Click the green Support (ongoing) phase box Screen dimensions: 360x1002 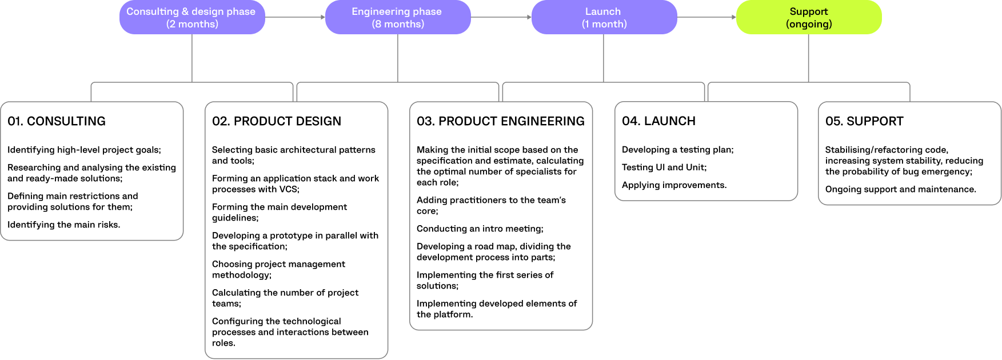pyautogui.click(x=808, y=17)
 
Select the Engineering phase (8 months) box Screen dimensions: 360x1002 pyautogui.click(x=397, y=17)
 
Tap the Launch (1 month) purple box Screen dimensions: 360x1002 pyautogui.click(x=604, y=17)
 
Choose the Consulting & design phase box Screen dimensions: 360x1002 pyautogui.click(x=191, y=17)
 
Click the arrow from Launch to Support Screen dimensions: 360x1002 pyautogui.click(x=706, y=17)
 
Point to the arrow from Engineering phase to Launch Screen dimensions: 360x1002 pyautogui.click(x=501, y=17)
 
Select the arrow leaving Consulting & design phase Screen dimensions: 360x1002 pyautogui.click(x=295, y=17)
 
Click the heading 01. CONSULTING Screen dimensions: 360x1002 pyautogui.click(x=57, y=121)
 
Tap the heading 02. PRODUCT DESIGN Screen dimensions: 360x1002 pyautogui.click(x=277, y=121)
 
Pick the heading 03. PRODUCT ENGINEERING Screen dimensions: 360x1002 pyautogui.click(x=501, y=121)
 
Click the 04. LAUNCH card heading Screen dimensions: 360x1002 pyautogui.click(x=658, y=121)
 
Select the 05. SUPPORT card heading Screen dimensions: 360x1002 pyautogui.click(x=864, y=121)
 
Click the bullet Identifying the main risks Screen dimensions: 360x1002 pyautogui.click(x=64, y=225)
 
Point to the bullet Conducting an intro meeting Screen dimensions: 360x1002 pyautogui.click(x=480, y=229)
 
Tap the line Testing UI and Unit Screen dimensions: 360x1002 pyautogui.click(x=664, y=167)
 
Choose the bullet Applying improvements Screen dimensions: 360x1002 pyautogui.click(x=674, y=185)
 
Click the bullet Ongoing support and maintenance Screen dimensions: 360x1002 pyautogui.click(x=901, y=189)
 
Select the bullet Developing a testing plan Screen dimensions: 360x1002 pyautogui.click(x=678, y=150)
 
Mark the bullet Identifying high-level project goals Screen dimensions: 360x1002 pyautogui.click(x=84, y=150)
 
